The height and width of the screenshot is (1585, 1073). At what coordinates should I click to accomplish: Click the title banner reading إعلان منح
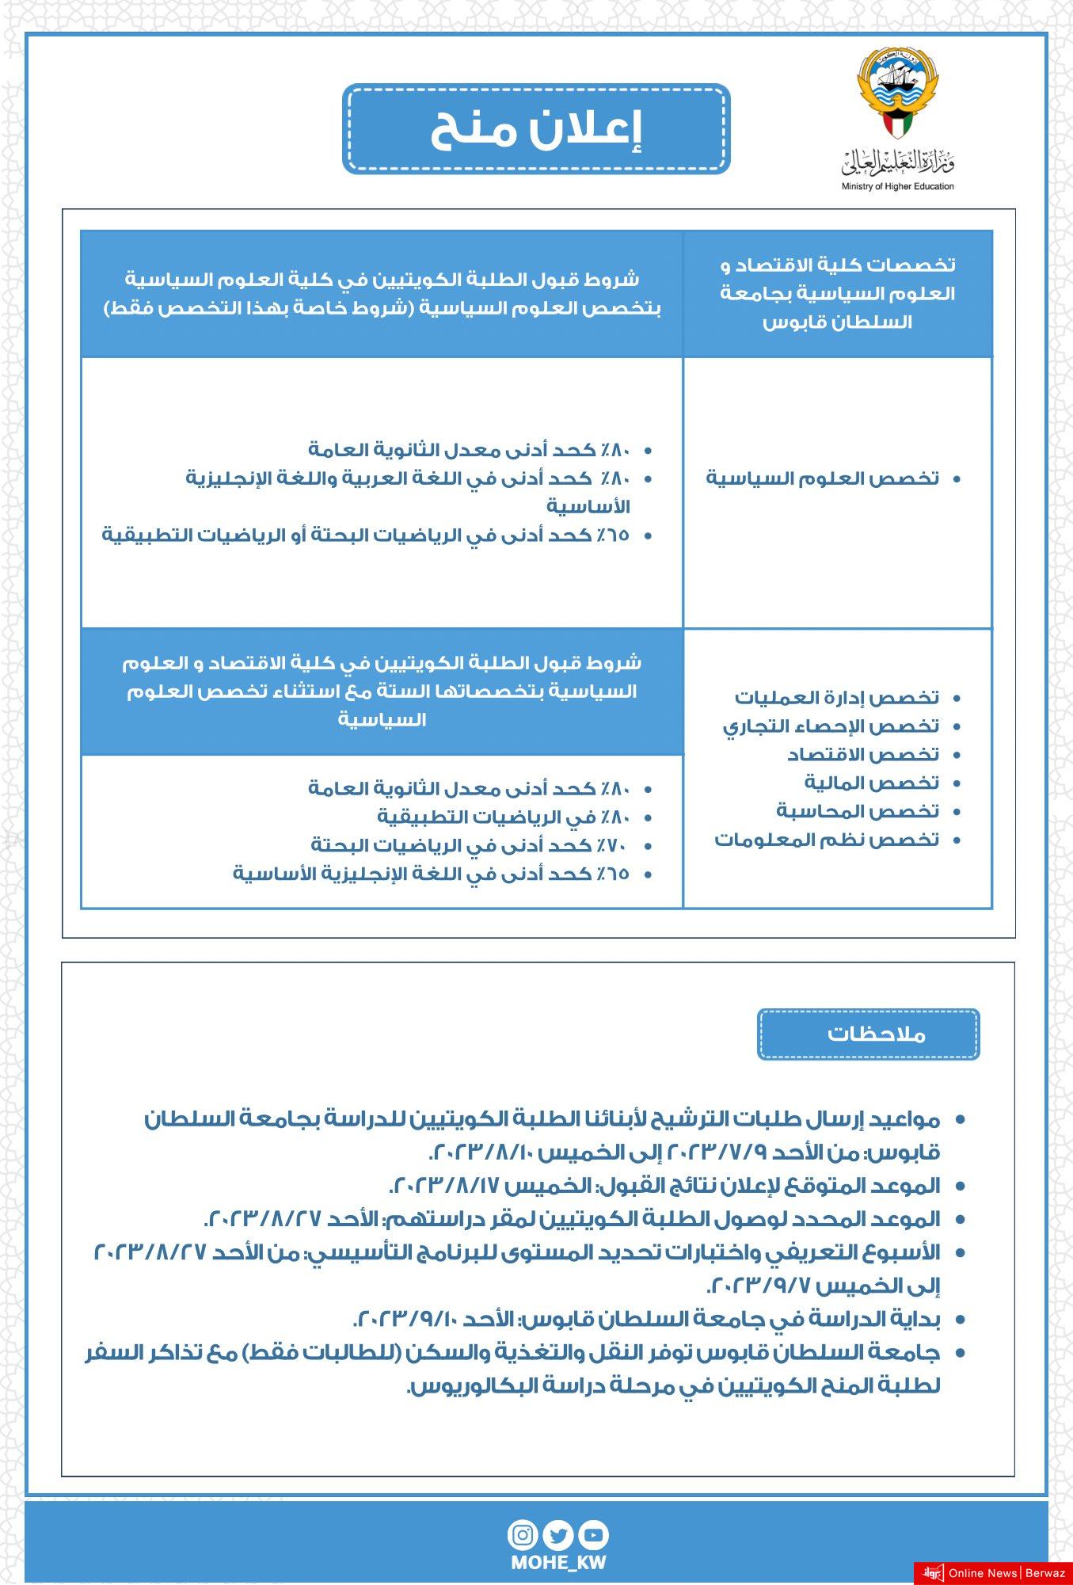536,129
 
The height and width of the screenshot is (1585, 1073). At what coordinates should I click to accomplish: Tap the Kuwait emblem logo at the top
897,91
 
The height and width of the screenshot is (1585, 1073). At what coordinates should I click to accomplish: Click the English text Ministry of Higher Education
897,187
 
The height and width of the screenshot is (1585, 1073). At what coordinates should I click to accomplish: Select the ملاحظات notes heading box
868,1034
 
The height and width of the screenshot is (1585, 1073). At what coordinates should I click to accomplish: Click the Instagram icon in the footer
523,1536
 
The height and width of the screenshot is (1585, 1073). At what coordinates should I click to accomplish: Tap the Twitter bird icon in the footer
558,1536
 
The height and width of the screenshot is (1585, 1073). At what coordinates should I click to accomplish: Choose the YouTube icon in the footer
593,1536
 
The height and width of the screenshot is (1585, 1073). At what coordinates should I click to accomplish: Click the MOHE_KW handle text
558,1563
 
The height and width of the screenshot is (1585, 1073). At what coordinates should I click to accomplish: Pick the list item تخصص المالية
871,783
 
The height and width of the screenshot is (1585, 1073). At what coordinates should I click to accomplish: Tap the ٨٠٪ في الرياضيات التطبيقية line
504,817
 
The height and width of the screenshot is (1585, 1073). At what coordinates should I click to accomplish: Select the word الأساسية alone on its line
588,507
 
